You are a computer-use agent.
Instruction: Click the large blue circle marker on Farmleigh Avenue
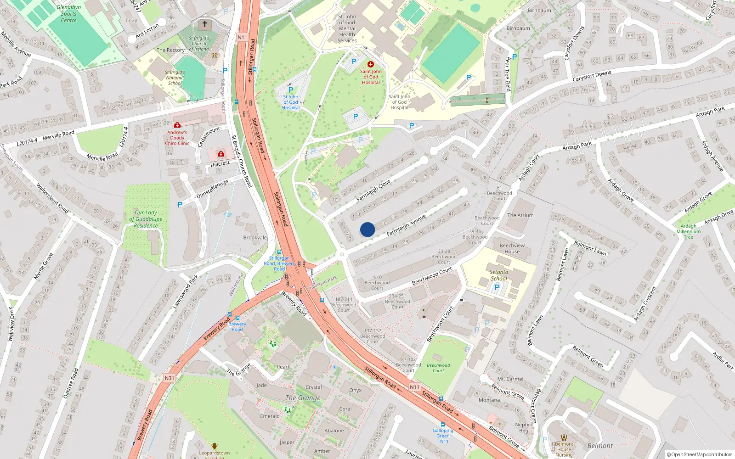[367, 229]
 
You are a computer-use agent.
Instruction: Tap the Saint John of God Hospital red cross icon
[371, 64]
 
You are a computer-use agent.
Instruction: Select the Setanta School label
[499, 275]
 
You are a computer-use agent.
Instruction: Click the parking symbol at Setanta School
[497, 288]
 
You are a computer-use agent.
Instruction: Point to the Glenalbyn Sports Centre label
[69, 14]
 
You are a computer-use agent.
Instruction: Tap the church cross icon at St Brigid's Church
[205, 24]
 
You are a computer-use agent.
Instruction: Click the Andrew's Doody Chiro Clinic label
[177, 138]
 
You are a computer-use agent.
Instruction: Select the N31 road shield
[170, 378]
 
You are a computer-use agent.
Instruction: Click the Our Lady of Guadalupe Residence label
[146, 219]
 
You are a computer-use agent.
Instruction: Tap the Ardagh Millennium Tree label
[688, 231]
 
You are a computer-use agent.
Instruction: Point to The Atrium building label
[520, 215]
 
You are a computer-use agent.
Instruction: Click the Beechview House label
[512, 248]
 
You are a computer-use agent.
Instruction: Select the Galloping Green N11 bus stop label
[443, 436]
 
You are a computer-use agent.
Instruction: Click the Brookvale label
[255, 238]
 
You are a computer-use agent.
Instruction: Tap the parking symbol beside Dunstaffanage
[180, 205]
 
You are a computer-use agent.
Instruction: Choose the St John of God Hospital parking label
[291, 102]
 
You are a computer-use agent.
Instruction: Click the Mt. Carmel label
[510, 379]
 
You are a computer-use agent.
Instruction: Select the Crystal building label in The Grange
[314, 387]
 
